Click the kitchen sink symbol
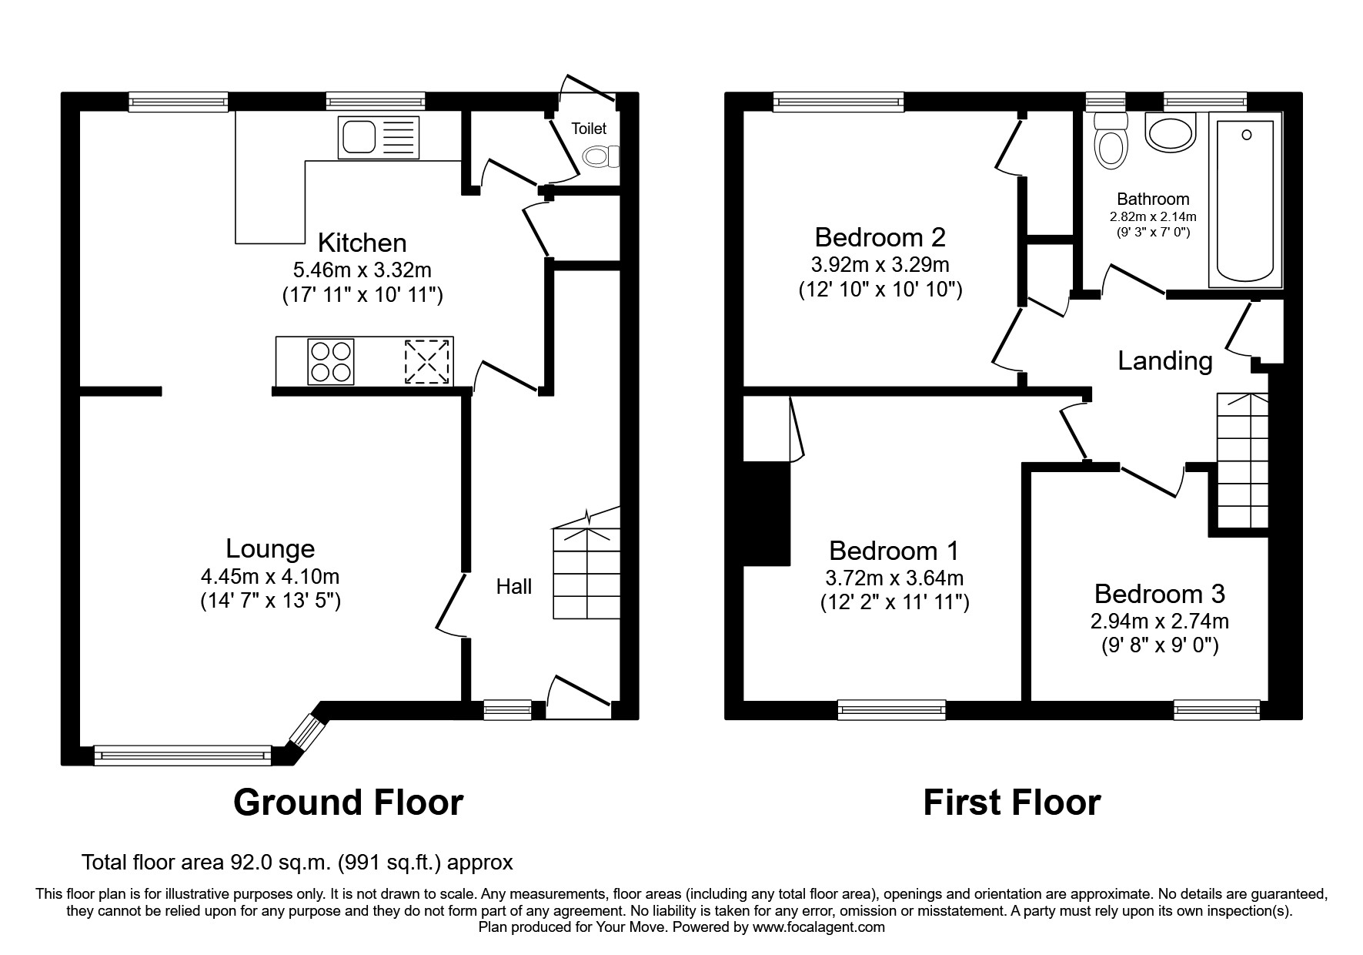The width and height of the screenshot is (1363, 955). [378, 138]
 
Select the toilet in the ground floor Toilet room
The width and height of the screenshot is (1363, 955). [601, 157]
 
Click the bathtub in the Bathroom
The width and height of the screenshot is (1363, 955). [1244, 200]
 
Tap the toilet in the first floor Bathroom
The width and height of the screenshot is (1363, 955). [1111, 142]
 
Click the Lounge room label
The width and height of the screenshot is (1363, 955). [270, 548]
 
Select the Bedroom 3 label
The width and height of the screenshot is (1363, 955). [1159, 594]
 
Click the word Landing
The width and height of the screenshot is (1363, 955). [1164, 360]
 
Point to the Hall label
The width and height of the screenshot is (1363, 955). [513, 587]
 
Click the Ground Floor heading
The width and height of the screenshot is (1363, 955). [348, 803]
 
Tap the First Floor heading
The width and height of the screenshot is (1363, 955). [1011, 803]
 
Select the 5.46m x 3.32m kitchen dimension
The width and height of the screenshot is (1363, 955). [362, 270]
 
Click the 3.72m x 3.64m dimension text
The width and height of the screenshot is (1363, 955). [894, 577]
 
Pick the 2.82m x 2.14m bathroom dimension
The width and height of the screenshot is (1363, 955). [1152, 216]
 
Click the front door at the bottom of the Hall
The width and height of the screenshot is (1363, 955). [579, 697]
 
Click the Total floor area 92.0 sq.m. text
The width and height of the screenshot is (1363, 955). [297, 862]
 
